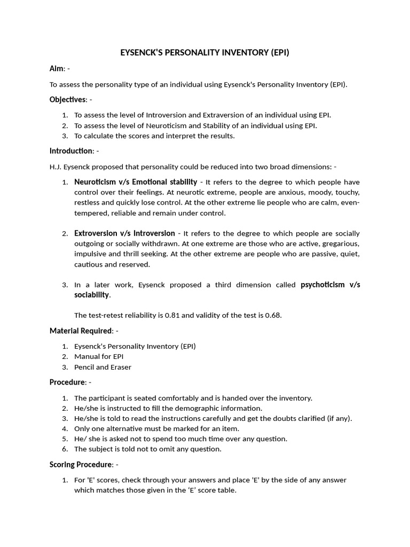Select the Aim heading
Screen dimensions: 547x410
click(57, 68)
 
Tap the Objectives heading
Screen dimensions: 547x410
click(67, 99)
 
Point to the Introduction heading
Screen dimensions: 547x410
click(71, 151)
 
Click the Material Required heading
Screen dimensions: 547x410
click(81, 331)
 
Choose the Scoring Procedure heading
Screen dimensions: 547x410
click(81, 464)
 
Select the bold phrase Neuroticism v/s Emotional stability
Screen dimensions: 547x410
click(136, 182)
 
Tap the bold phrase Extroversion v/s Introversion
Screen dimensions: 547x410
click(124, 233)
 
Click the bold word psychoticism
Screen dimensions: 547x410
click(323, 284)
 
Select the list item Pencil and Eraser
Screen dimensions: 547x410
click(102, 367)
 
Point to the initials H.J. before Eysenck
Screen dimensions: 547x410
click(56, 166)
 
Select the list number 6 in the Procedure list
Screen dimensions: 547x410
click(65, 449)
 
